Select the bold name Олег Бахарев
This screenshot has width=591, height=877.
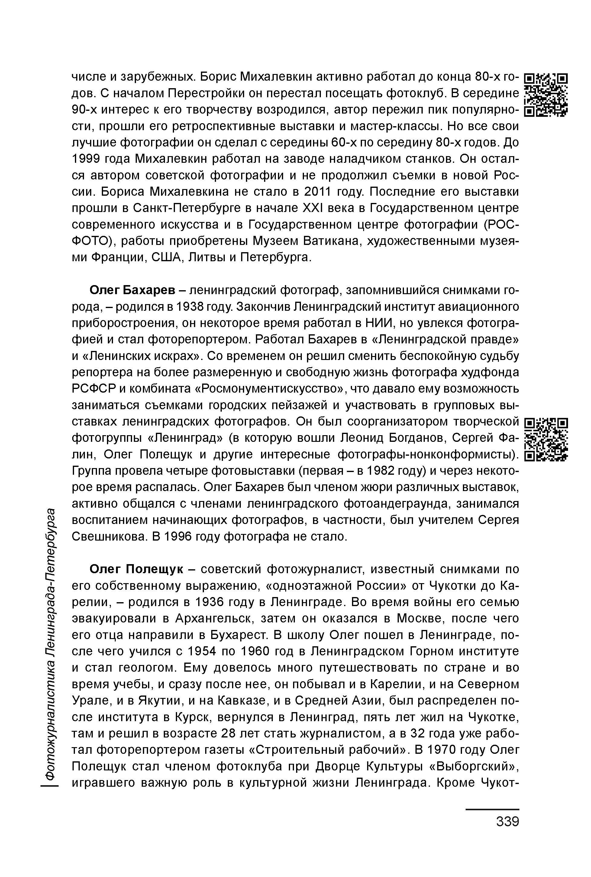click(132, 291)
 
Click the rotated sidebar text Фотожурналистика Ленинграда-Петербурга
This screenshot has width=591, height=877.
click(51, 646)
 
